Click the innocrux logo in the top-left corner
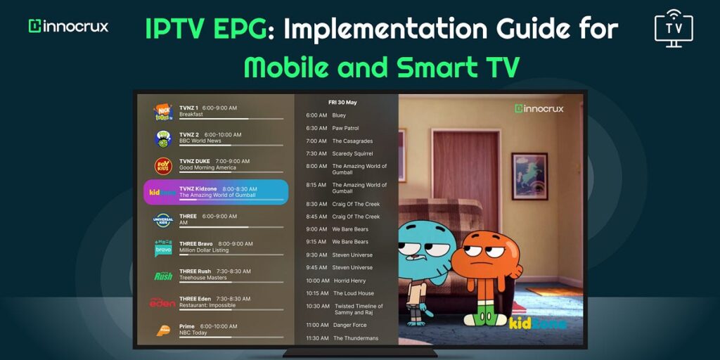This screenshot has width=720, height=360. (x=68, y=26)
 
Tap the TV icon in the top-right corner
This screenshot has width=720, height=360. (x=673, y=29)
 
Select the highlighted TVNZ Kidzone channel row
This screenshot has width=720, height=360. (x=216, y=192)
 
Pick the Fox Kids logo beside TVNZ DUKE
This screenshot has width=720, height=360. (x=163, y=165)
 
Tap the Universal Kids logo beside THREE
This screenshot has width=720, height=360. (x=163, y=220)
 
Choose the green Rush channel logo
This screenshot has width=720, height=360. (x=163, y=276)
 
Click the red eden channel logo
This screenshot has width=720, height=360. (x=162, y=302)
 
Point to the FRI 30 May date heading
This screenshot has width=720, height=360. (x=342, y=102)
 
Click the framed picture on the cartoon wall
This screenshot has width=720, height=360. (x=529, y=176)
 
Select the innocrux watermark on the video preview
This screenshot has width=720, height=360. (x=539, y=109)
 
